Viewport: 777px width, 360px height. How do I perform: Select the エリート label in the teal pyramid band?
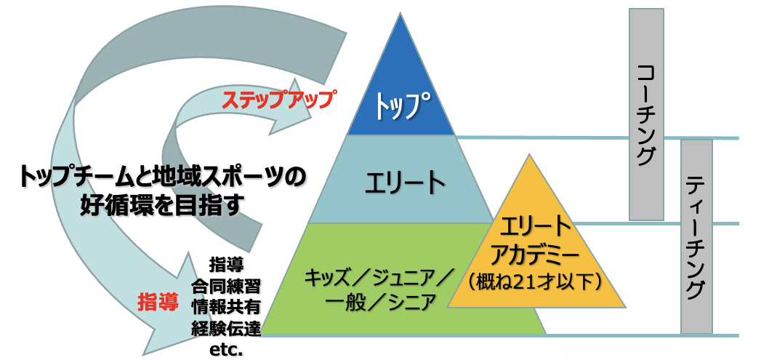point(405,182)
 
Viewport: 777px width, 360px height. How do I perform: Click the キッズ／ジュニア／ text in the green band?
point(379,278)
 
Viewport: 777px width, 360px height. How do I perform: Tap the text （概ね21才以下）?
point(536,279)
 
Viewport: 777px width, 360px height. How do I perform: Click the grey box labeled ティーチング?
point(696,236)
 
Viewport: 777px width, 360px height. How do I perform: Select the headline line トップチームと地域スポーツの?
point(161,175)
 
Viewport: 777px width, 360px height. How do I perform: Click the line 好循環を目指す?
point(161,206)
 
